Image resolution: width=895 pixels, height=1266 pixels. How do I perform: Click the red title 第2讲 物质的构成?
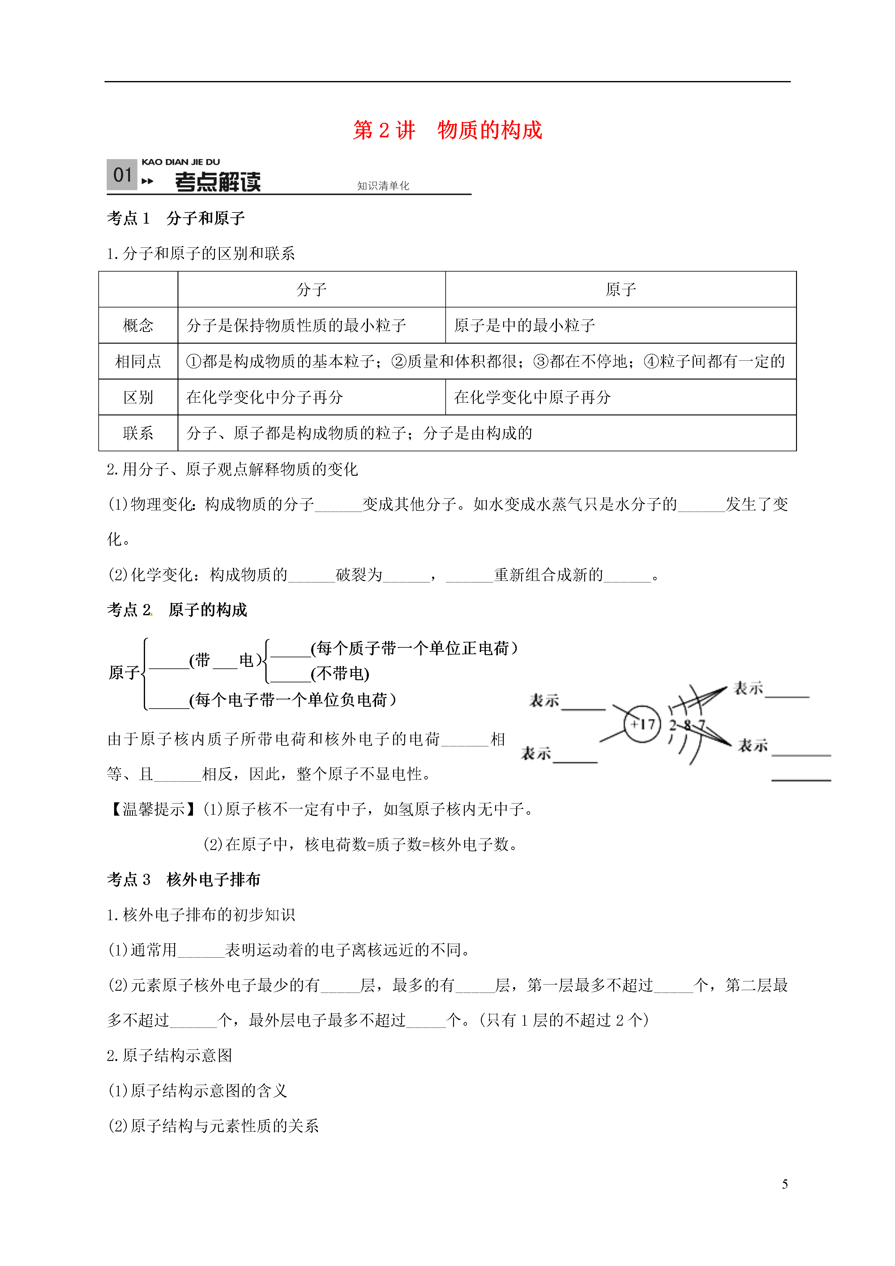[447, 130]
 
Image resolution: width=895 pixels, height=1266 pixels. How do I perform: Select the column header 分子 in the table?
[311, 290]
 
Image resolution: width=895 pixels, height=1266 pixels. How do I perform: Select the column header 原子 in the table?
[620, 290]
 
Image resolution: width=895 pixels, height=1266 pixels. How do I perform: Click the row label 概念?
[138, 325]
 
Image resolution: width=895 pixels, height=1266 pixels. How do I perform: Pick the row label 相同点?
[138, 361]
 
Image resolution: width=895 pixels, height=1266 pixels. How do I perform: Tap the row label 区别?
[138, 397]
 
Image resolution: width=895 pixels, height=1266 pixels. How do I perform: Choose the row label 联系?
[138, 433]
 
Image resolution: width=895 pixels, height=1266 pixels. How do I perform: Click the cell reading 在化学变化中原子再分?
[532, 397]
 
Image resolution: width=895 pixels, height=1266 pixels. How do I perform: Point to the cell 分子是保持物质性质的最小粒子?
[296, 325]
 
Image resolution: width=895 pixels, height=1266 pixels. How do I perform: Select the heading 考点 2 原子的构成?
[177, 610]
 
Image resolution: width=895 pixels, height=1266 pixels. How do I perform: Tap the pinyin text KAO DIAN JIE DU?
[181, 162]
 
